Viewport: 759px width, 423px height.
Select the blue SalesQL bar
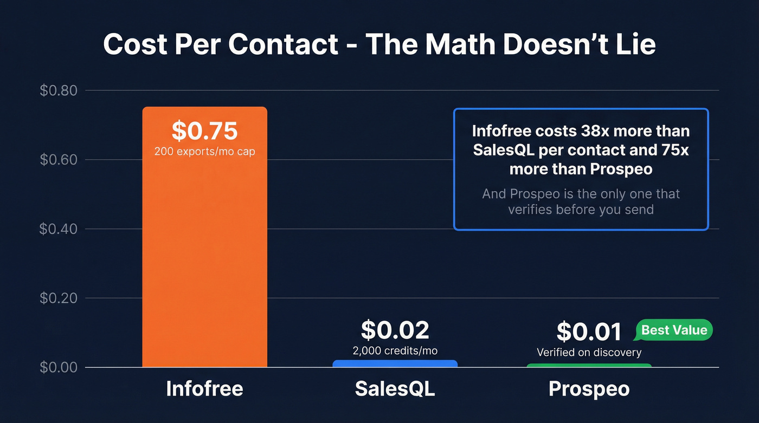[395, 364]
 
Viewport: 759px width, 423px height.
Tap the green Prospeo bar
[589, 366]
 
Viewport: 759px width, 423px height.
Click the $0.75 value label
[204, 131]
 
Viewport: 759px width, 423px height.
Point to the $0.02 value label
[395, 330]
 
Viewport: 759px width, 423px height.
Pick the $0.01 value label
[589, 332]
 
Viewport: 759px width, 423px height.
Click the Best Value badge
[674, 330]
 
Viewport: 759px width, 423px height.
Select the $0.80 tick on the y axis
[59, 90]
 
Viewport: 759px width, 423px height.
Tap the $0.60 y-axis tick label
[59, 160]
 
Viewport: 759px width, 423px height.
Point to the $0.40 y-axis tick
[59, 229]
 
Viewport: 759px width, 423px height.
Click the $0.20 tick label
[59, 298]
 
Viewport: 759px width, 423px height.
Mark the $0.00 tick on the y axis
[59, 367]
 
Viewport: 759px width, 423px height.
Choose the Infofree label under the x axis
[204, 389]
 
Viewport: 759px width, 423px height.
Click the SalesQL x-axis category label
[395, 389]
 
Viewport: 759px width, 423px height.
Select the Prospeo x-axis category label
[589, 389]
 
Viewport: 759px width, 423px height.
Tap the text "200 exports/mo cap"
[204, 152]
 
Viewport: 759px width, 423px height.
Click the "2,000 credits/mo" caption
[395, 350]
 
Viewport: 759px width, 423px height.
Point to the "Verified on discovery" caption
[589, 353]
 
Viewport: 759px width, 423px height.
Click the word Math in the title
[461, 44]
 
